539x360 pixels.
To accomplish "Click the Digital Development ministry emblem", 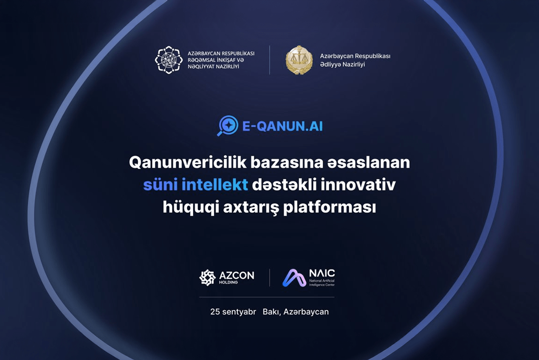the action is [x=169, y=60].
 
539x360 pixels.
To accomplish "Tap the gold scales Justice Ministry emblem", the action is [x=299, y=60].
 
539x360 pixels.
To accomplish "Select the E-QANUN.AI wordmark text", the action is [x=282, y=126].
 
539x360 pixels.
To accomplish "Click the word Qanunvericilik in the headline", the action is [x=188, y=163].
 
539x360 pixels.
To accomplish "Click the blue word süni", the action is [x=161, y=185].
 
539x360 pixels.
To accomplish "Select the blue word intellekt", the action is [x=215, y=185].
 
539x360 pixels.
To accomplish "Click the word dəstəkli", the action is [x=284, y=185].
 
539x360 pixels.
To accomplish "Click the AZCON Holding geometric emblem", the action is [x=207, y=278].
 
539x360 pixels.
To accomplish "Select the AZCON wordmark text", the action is [x=236, y=275].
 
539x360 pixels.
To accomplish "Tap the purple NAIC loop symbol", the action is [x=294, y=278].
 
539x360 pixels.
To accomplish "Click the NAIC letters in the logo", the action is [x=322, y=273].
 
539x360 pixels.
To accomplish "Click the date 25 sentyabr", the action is [x=233, y=312].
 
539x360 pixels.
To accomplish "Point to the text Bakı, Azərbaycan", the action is [x=296, y=312].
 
